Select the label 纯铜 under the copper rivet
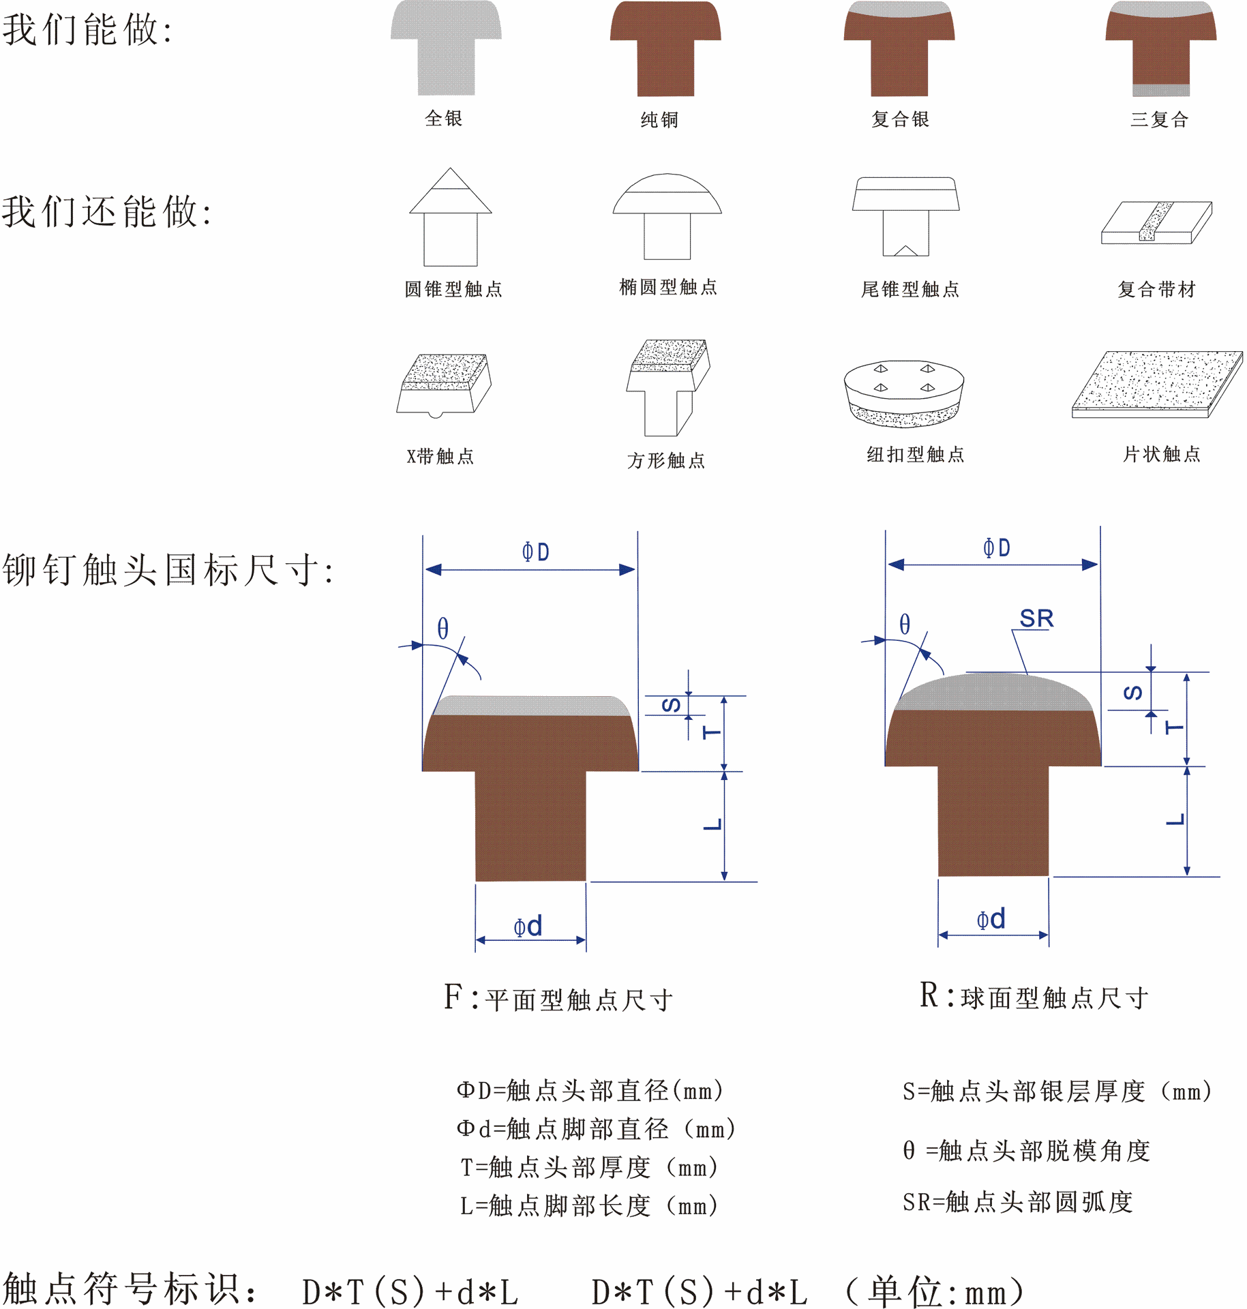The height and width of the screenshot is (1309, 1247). (659, 120)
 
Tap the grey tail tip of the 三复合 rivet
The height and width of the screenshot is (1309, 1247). (1161, 90)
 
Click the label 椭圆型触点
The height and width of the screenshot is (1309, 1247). (667, 287)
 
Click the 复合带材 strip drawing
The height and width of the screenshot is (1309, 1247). (1157, 222)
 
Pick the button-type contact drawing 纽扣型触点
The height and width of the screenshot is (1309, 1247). (904, 393)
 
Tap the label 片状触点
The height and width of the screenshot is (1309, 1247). (1161, 454)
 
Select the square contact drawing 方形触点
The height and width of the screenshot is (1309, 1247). (668, 386)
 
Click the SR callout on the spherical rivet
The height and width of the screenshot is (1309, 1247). (1036, 618)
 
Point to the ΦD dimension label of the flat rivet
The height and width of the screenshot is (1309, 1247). (535, 552)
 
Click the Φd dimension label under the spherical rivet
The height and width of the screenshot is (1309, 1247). (991, 919)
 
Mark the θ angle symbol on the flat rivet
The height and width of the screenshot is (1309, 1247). (443, 628)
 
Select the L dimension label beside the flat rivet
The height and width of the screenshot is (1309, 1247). (712, 825)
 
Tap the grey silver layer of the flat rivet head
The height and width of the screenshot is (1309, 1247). (530, 706)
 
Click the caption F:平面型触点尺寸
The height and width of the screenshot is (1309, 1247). (558, 999)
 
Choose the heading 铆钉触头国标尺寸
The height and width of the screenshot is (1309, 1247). (168, 570)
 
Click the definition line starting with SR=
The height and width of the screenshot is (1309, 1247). (1017, 1202)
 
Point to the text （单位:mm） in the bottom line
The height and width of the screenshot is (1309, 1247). (934, 1291)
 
